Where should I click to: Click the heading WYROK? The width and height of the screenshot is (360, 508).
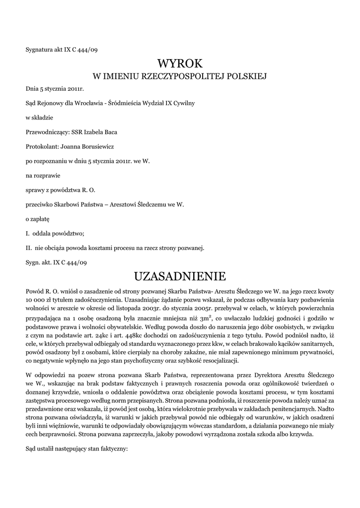(180, 63)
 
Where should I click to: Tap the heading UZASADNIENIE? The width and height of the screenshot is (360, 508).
(180, 275)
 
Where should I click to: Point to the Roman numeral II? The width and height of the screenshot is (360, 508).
(29, 247)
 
